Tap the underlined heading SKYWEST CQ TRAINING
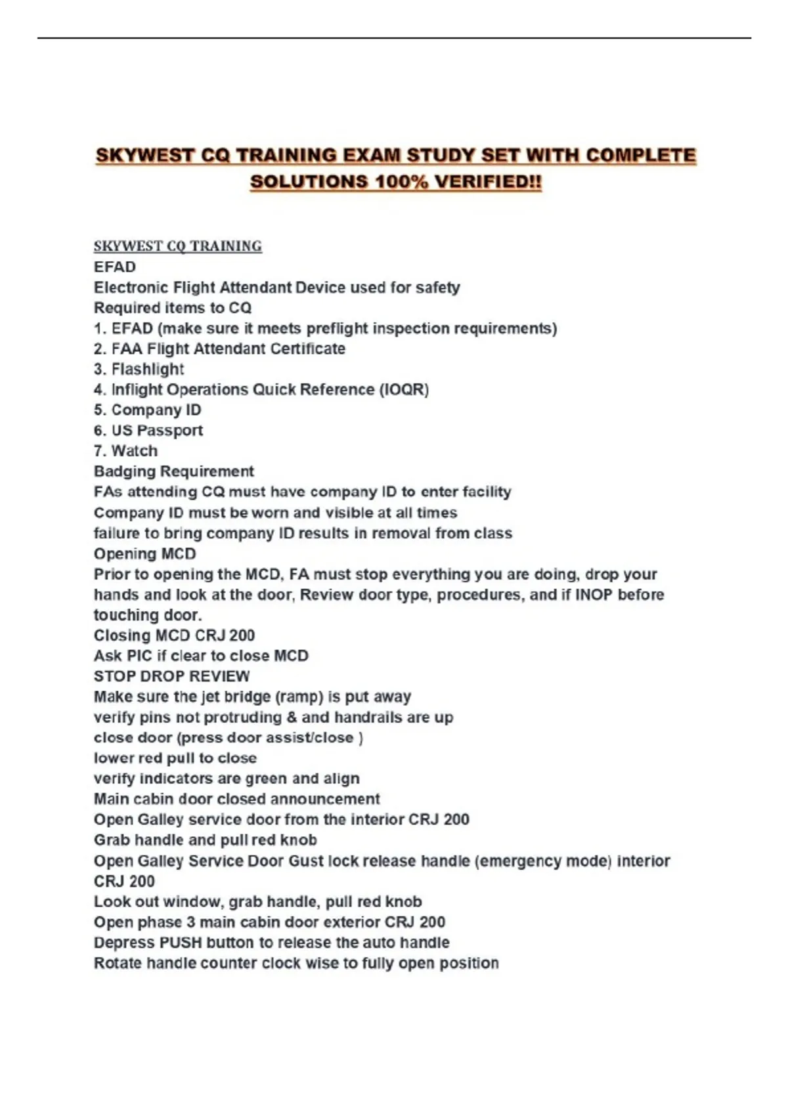tap(177, 246)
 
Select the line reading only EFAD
tap(115, 267)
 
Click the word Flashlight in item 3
tap(148, 370)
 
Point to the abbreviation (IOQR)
tap(404, 390)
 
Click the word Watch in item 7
tap(135, 451)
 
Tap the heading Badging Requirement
tap(173, 471)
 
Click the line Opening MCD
tap(144, 553)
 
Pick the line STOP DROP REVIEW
tap(171, 676)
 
